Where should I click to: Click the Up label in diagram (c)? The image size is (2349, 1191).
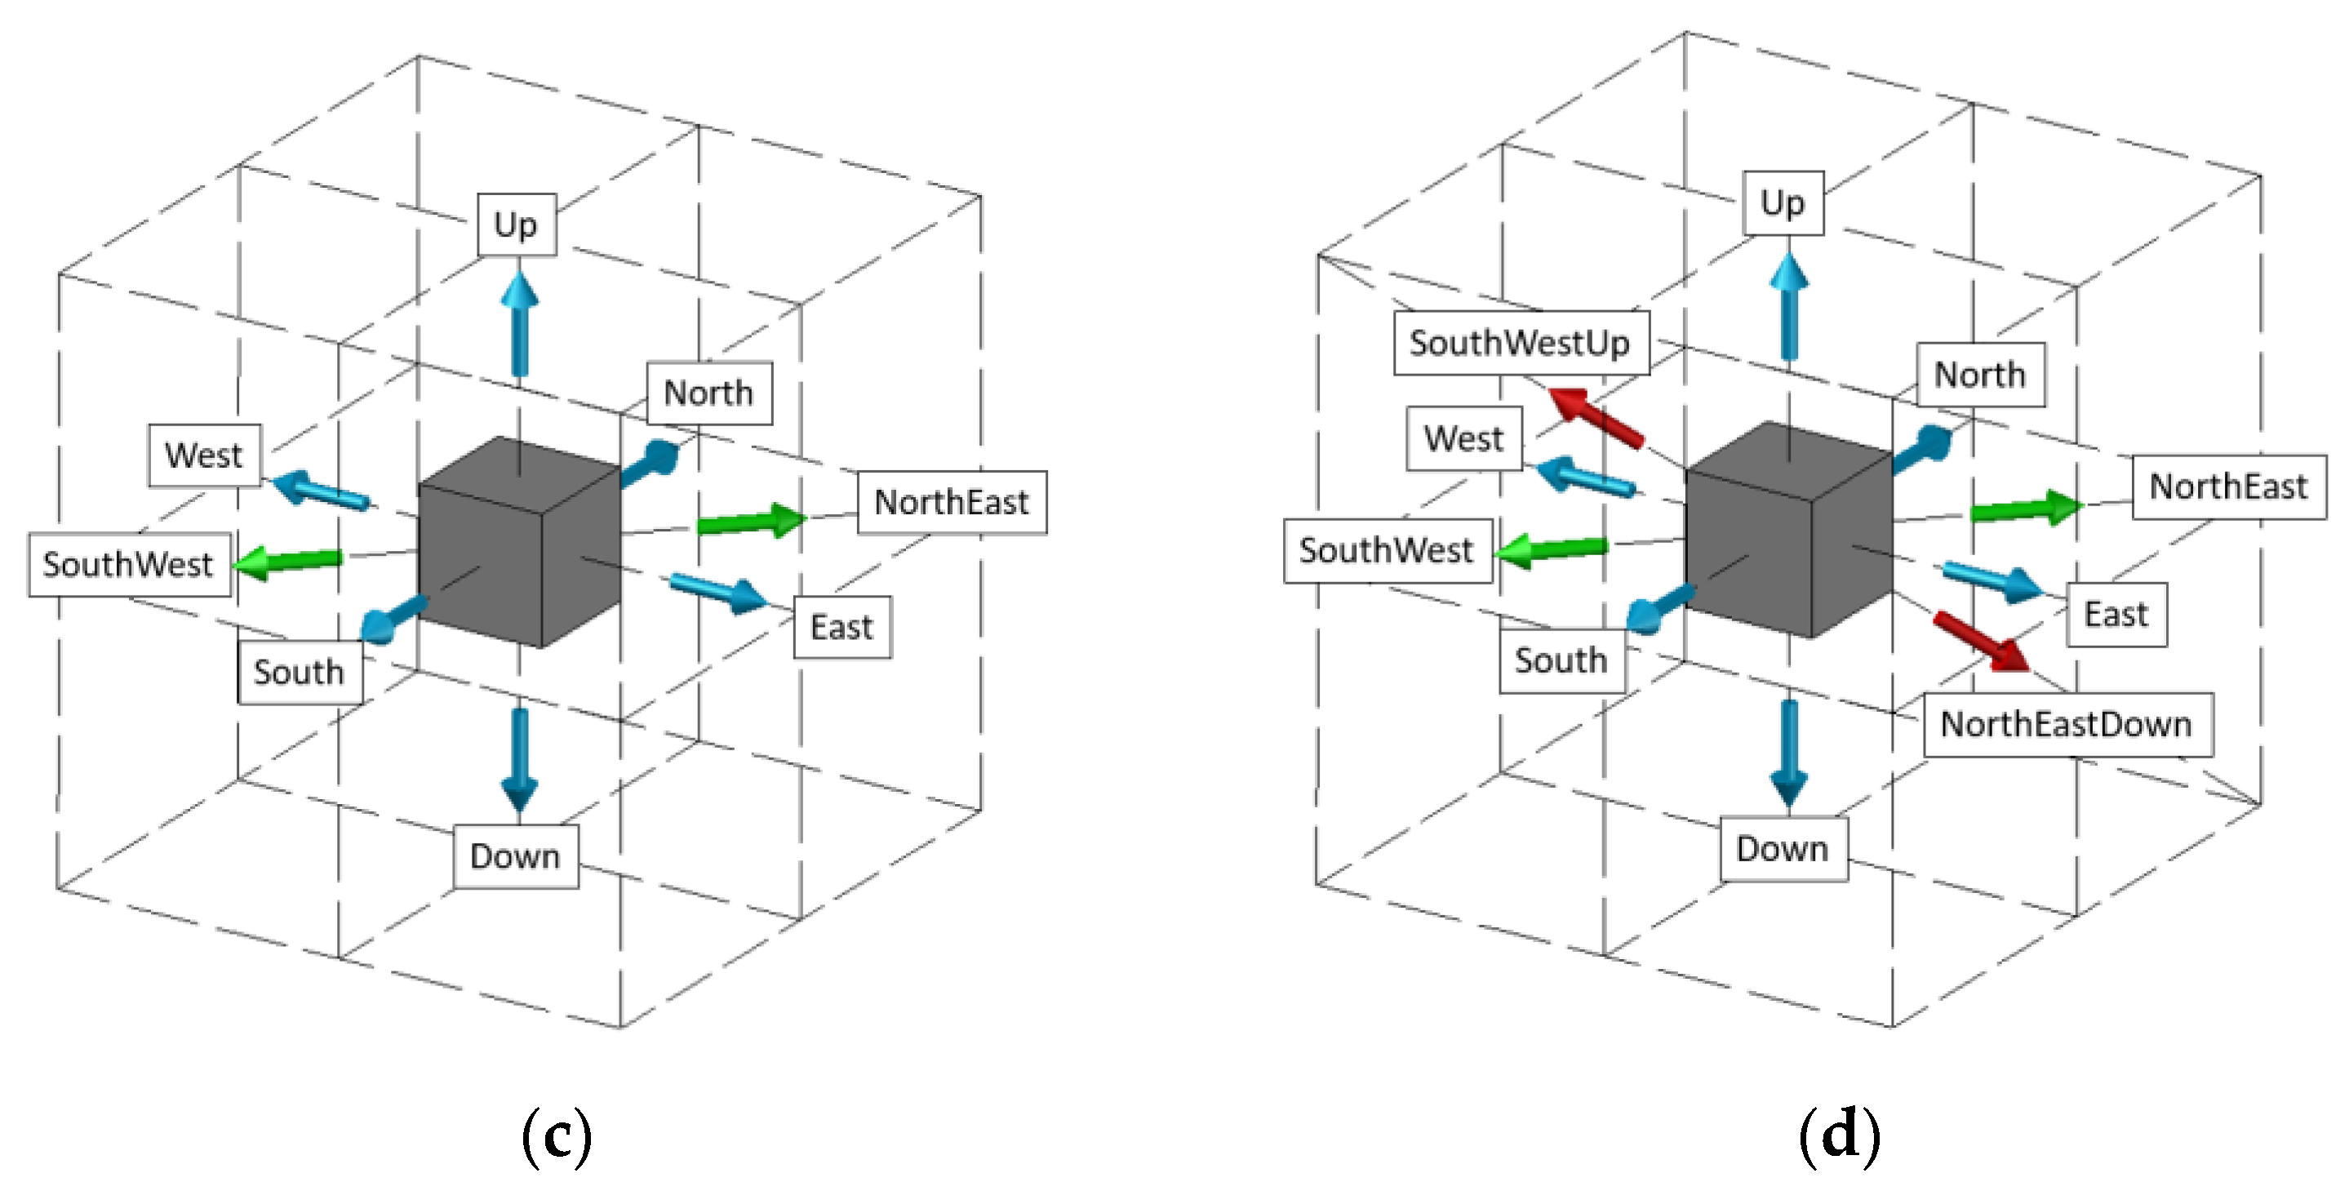pyautogui.click(x=516, y=224)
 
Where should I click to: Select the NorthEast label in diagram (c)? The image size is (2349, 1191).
pyautogui.click(x=951, y=503)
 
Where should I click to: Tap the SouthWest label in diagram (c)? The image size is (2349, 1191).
pyautogui.click(x=129, y=565)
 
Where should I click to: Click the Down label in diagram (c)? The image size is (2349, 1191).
pyautogui.click(x=515, y=856)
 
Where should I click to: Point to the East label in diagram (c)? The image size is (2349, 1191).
pyautogui.click(x=841, y=628)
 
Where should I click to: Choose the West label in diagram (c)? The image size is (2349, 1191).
pyautogui.click(x=204, y=455)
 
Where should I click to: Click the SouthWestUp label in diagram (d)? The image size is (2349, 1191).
pyautogui.click(x=1520, y=343)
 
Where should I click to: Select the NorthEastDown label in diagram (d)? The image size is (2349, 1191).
pyautogui.click(x=2067, y=724)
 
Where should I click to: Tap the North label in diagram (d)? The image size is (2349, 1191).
pyautogui.click(x=1980, y=375)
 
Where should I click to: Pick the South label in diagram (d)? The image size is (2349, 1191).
pyautogui.click(x=1561, y=660)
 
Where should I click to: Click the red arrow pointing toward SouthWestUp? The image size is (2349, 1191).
pyautogui.click(x=1596, y=418)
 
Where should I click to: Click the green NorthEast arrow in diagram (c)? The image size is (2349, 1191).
pyautogui.click(x=753, y=522)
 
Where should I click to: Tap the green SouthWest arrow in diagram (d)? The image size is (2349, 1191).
pyautogui.click(x=1552, y=550)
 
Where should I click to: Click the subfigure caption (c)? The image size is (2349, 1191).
pyautogui.click(x=557, y=1135)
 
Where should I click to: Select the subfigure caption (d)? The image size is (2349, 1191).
pyautogui.click(x=1838, y=1135)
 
